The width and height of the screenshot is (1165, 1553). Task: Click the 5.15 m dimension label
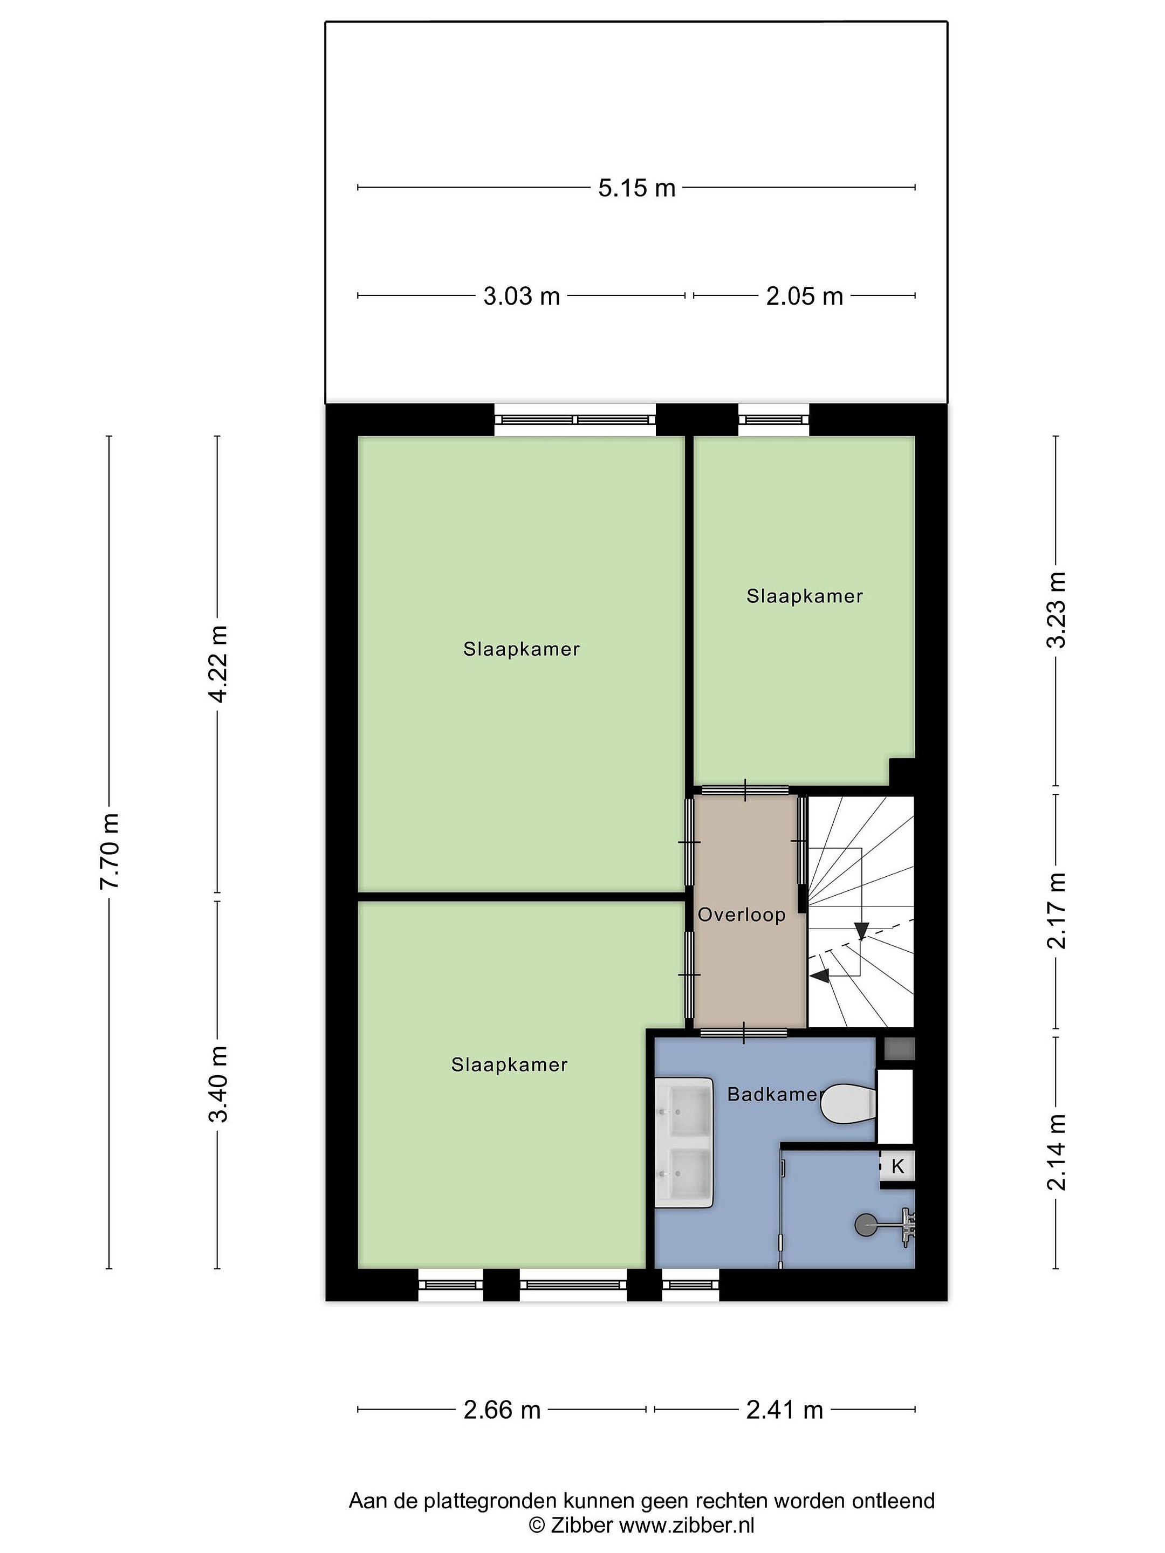click(636, 188)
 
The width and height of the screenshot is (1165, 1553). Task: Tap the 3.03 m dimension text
click(521, 296)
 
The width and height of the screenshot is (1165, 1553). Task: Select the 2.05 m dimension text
click(804, 296)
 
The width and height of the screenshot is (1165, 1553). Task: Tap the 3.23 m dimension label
click(1057, 609)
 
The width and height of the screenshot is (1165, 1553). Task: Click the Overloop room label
click(742, 915)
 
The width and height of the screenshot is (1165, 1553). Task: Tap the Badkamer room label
click(773, 1094)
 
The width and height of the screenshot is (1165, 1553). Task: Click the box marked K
click(897, 1167)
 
